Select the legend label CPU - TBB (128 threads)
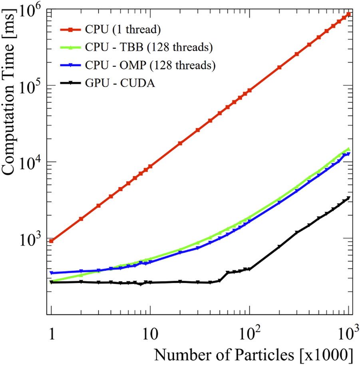(x=148, y=48)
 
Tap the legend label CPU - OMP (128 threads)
(x=150, y=65)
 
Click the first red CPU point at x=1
(x=51, y=241)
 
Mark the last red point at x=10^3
(x=349, y=14)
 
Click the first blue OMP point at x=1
(x=51, y=273)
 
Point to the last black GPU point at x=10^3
(x=349, y=198)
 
